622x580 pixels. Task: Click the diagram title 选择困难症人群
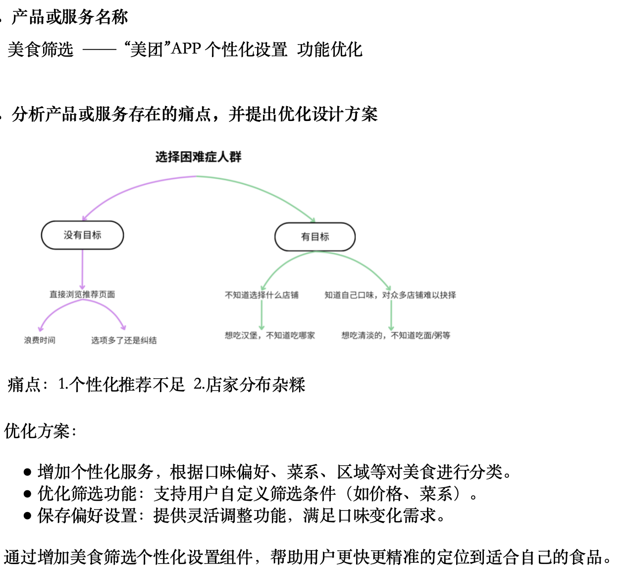pos(198,157)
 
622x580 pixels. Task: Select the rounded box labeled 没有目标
pos(82,235)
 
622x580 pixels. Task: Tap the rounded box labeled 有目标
pos(315,237)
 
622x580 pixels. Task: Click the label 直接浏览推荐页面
pos(82,294)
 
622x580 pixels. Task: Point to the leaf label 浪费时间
pos(40,340)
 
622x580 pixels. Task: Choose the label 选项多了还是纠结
pos(124,340)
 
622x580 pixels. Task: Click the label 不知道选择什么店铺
pos(261,295)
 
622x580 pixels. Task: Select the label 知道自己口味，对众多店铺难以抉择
pos(390,295)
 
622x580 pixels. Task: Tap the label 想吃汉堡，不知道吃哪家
pos(269,336)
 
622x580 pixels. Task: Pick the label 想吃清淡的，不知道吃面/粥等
pos(396,336)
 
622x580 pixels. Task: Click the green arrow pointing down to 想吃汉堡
pos(261,315)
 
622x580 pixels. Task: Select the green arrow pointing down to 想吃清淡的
pos(391,315)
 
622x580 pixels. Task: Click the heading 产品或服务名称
pos(69,17)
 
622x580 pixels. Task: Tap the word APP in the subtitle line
pos(186,49)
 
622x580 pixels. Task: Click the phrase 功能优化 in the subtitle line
pos(330,50)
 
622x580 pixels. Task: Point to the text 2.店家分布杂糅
pos(249,384)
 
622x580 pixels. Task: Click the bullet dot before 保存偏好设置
pos(28,516)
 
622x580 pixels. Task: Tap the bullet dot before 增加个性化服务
pos(28,472)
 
